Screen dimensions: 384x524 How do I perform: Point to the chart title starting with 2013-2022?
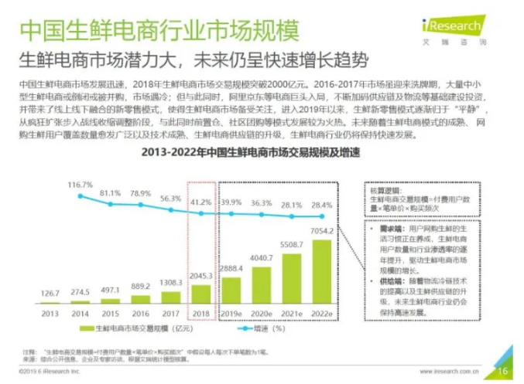218,153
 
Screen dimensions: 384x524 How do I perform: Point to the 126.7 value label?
50,294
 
